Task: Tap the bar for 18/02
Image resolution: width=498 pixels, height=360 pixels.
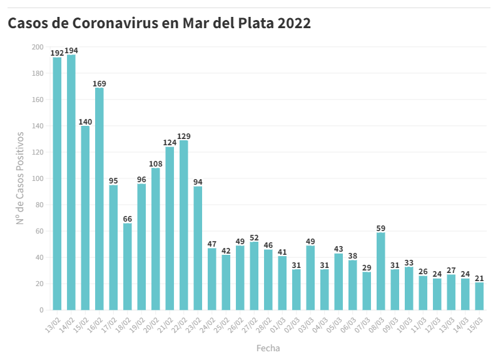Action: tap(128, 267)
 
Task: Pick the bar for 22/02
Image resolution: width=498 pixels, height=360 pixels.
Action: tap(184, 225)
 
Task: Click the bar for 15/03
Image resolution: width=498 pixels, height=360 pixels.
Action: tap(480, 296)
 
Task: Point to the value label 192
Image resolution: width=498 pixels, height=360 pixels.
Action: tap(57, 53)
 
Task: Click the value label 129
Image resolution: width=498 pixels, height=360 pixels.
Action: tap(184, 136)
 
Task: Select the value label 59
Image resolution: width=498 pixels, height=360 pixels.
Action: tap(381, 229)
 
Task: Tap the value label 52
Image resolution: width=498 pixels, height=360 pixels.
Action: tap(254, 237)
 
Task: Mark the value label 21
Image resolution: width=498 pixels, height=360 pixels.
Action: tap(480, 278)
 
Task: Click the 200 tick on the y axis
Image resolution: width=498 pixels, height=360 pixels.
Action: tap(38, 47)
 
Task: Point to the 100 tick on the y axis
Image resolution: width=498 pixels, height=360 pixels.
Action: tap(38, 178)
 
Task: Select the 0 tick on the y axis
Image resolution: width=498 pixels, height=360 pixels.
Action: tap(41, 310)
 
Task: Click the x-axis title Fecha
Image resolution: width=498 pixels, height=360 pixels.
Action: tap(268, 347)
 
